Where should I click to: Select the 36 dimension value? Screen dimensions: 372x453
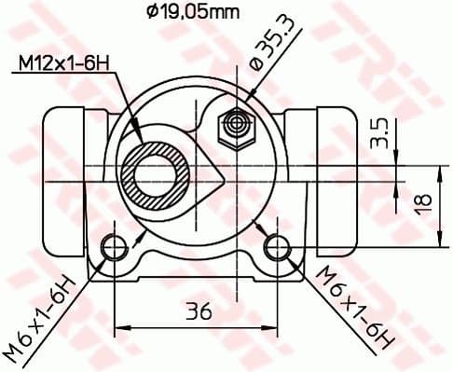[197, 312]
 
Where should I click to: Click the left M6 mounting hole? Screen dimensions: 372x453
[114, 246]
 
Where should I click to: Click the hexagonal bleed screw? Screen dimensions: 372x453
[233, 125]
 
